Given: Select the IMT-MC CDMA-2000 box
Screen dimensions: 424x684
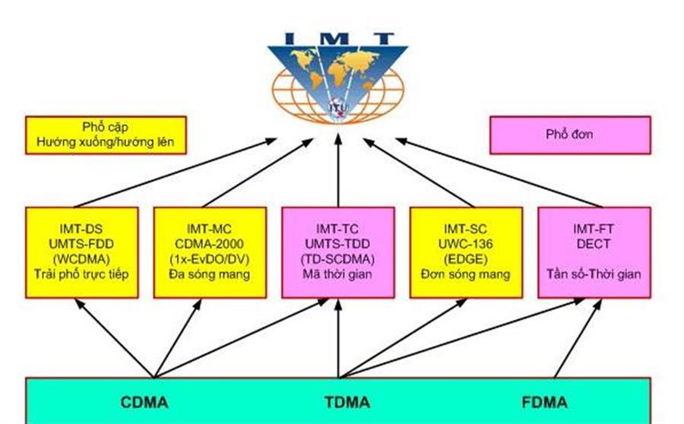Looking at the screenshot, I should pyautogui.click(x=210, y=252).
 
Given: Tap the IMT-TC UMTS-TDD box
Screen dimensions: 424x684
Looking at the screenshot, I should pyautogui.click(x=338, y=252).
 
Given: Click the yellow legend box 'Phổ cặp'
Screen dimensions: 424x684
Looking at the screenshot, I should pyautogui.click(x=106, y=134).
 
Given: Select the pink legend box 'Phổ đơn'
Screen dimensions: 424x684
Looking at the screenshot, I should pyautogui.click(x=569, y=134).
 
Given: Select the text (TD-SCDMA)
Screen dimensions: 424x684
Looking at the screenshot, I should pyautogui.click(x=338, y=258).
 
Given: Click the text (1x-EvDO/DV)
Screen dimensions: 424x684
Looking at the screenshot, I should pyautogui.click(x=210, y=258).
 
